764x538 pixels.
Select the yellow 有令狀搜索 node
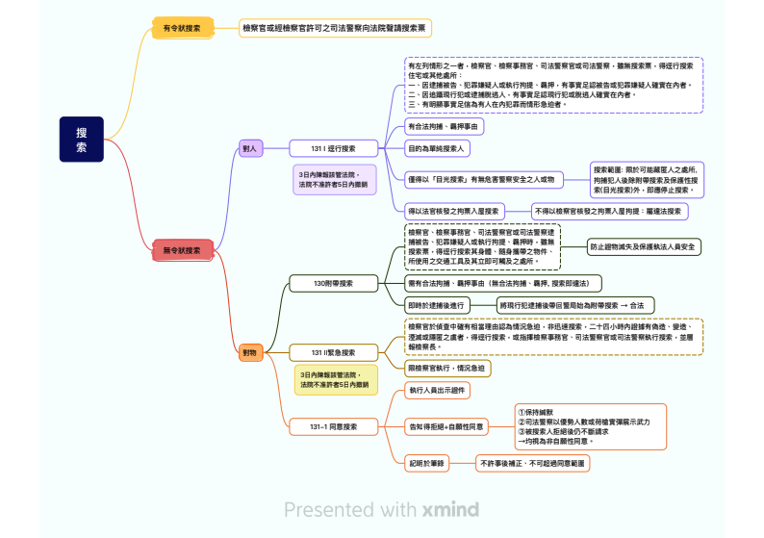(182, 28)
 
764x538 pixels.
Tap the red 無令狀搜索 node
(182, 250)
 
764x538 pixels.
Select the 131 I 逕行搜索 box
(333, 148)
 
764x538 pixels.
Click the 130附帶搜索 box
(333, 283)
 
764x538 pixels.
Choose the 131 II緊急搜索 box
(333, 352)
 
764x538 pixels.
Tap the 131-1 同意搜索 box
(333, 425)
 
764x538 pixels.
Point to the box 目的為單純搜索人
(437, 149)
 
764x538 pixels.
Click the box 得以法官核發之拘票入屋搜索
(454, 211)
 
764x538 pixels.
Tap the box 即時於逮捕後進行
(438, 304)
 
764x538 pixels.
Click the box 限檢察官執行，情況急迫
(446, 368)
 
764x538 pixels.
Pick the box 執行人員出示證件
(438, 390)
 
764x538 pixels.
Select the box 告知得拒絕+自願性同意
(446, 425)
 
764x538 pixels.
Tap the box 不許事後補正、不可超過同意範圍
(533, 463)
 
